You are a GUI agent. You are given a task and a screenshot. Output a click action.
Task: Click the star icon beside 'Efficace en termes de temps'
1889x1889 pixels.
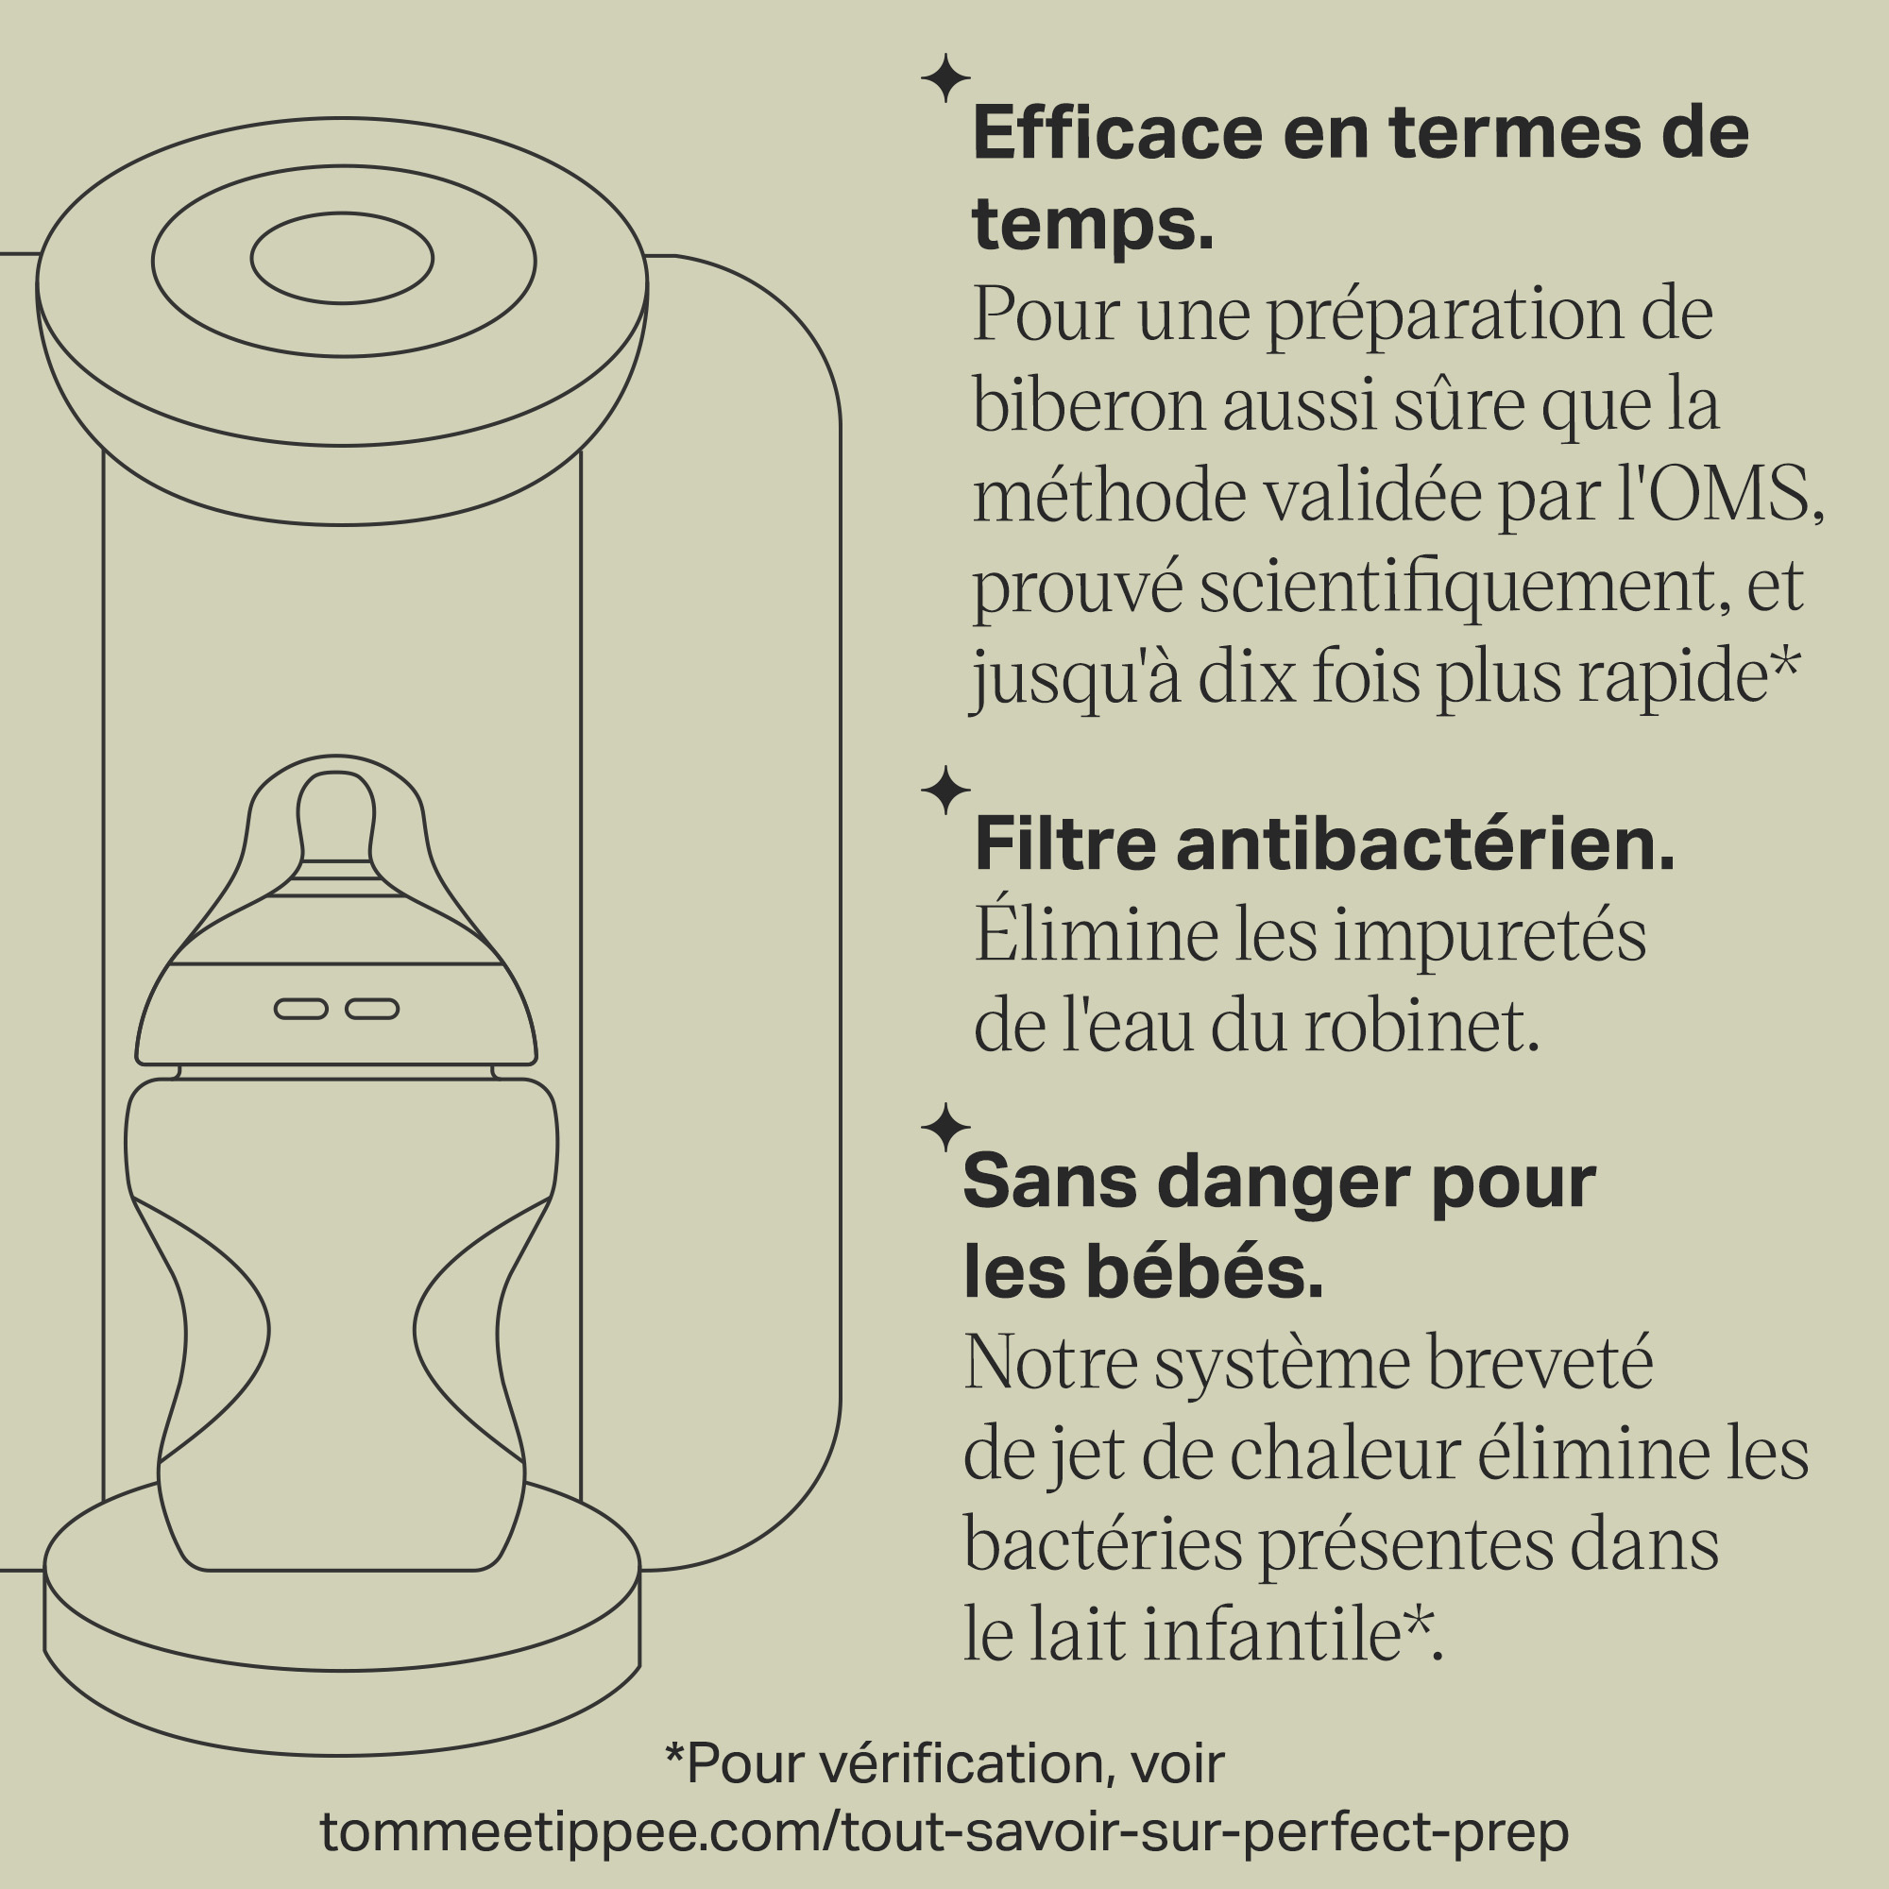coord(945,78)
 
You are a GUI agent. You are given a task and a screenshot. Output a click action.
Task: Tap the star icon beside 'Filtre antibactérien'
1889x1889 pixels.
coord(945,790)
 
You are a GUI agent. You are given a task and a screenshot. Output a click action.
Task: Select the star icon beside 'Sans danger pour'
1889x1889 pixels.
coord(945,1128)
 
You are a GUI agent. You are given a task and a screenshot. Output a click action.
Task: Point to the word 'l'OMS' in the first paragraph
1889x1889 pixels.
coord(1723,495)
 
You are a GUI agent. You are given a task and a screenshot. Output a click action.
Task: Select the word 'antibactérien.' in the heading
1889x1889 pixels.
coord(1425,843)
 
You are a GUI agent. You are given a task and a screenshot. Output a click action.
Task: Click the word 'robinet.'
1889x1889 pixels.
coord(1421,1026)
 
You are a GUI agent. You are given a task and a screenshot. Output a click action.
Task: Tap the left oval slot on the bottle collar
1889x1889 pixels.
coord(301,1008)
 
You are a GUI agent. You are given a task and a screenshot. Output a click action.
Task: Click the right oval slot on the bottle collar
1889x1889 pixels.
coord(372,1008)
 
